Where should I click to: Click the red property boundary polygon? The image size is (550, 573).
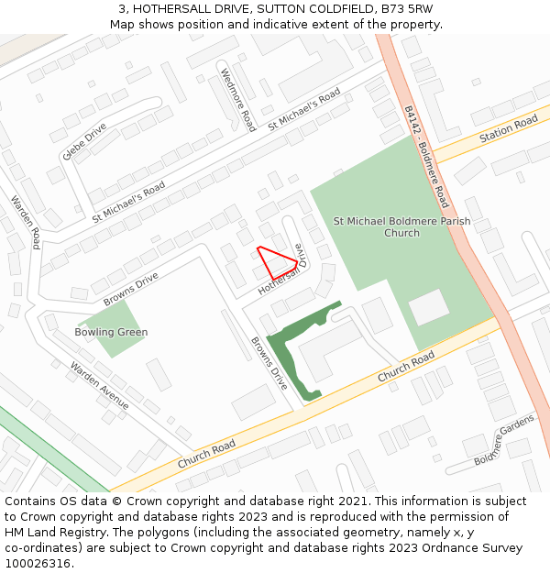(x=277, y=261)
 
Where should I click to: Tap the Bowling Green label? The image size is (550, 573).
(x=113, y=332)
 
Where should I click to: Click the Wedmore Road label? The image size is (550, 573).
(x=237, y=98)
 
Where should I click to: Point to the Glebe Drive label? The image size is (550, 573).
(x=84, y=141)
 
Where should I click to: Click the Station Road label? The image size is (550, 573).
(x=508, y=129)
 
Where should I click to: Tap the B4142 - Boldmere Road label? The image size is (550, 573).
(x=426, y=156)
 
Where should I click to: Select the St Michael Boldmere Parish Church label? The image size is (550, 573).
(x=401, y=226)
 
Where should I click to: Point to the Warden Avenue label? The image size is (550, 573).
(x=100, y=384)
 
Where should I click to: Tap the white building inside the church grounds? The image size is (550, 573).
(x=429, y=307)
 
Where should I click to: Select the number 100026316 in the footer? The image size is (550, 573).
(x=38, y=564)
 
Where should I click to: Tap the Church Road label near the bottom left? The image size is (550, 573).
(x=206, y=454)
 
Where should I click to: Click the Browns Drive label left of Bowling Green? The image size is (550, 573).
(x=131, y=289)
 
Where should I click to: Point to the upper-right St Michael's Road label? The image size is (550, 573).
(x=303, y=109)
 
